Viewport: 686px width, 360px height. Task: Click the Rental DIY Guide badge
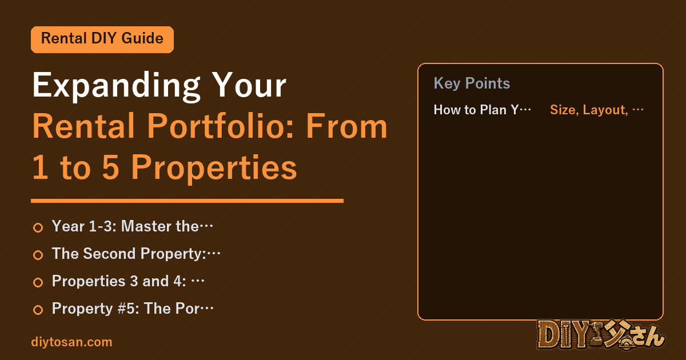(102, 39)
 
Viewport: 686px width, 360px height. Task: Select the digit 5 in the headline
(110, 167)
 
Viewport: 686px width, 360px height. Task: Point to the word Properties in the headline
(214, 169)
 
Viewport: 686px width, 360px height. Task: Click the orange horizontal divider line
(187, 201)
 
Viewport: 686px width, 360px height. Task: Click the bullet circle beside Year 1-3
(38, 227)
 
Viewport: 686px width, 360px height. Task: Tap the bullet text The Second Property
(136, 254)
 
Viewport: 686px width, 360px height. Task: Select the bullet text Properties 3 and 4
(128, 281)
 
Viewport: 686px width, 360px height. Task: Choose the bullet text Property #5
(133, 308)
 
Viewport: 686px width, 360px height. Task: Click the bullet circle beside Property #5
(38, 310)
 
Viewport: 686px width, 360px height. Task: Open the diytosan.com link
(71, 342)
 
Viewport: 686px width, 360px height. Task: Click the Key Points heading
(472, 83)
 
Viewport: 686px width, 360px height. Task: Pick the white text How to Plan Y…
(482, 110)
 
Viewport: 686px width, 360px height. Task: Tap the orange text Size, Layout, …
(597, 110)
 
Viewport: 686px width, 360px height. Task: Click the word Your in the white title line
(249, 85)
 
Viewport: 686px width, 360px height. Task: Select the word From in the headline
(346, 126)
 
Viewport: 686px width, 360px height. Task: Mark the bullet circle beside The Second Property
(38, 255)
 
